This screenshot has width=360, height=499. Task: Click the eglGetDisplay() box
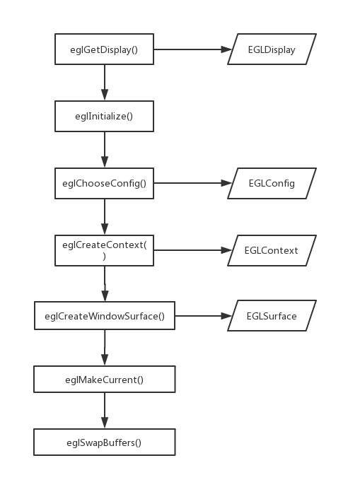click(x=104, y=49)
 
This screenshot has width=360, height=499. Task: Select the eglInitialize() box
click(x=104, y=116)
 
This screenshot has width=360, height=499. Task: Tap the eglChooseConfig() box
click(x=104, y=183)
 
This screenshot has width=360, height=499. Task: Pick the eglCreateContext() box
click(x=104, y=250)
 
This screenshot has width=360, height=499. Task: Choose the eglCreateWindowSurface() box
click(x=104, y=316)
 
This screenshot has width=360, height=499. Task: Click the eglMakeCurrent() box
click(x=104, y=380)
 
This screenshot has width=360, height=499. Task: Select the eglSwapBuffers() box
click(x=104, y=442)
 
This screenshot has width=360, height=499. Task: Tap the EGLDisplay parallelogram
click(x=272, y=49)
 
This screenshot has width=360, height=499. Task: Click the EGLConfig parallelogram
click(x=272, y=183)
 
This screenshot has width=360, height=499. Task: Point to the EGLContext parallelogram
click(x=272, y=250)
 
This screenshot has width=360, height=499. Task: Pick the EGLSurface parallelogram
click(x=272, y=316)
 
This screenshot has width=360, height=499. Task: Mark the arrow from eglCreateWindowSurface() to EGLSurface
click(x=202, y=316)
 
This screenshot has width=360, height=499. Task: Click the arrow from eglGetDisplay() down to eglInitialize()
click(x=105, y=83)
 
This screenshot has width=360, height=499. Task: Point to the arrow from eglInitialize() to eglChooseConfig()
click(x=105, y=149)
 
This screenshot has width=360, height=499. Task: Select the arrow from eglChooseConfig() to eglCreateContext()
click(x=105, y=216)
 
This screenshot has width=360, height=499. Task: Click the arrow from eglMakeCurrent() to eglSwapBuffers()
click(x=105, y=411)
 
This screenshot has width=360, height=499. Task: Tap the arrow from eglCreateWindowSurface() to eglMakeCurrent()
click(x=105, y=348)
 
